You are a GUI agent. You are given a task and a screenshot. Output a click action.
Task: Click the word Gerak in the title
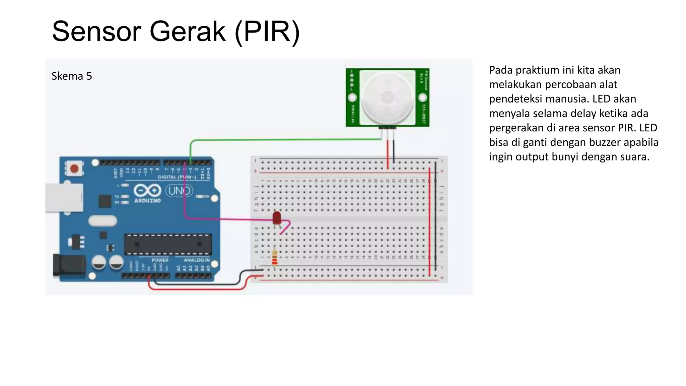[187, 31]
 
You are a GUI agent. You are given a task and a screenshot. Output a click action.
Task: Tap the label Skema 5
[71, 76]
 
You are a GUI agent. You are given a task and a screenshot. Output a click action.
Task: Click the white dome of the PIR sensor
[388, 98]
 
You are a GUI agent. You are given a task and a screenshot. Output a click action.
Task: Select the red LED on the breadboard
[277, 218]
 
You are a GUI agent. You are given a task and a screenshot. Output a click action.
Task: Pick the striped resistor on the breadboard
[275, 257]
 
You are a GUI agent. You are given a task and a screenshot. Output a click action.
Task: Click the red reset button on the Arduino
[74, 168]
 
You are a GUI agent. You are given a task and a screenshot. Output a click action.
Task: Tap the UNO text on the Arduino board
[179, 191]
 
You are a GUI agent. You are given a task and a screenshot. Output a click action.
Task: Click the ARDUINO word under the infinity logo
[147, 201]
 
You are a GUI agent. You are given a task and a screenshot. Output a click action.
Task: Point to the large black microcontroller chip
[168, 244]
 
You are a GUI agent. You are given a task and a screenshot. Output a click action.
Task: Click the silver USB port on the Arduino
[64, 198]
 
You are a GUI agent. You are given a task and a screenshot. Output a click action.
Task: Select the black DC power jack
[69, 265]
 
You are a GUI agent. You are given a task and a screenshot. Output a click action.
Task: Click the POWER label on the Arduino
[160, 260]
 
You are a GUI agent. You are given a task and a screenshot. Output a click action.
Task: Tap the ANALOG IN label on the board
[197, 260]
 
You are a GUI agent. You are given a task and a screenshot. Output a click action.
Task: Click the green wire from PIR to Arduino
[285, 140]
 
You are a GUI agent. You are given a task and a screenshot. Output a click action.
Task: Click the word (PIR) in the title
[267, 31]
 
